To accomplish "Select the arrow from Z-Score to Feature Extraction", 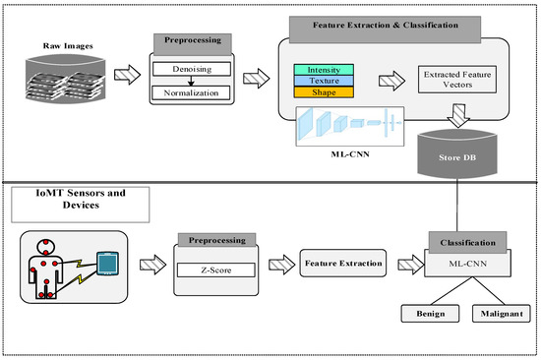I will (274, 263).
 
